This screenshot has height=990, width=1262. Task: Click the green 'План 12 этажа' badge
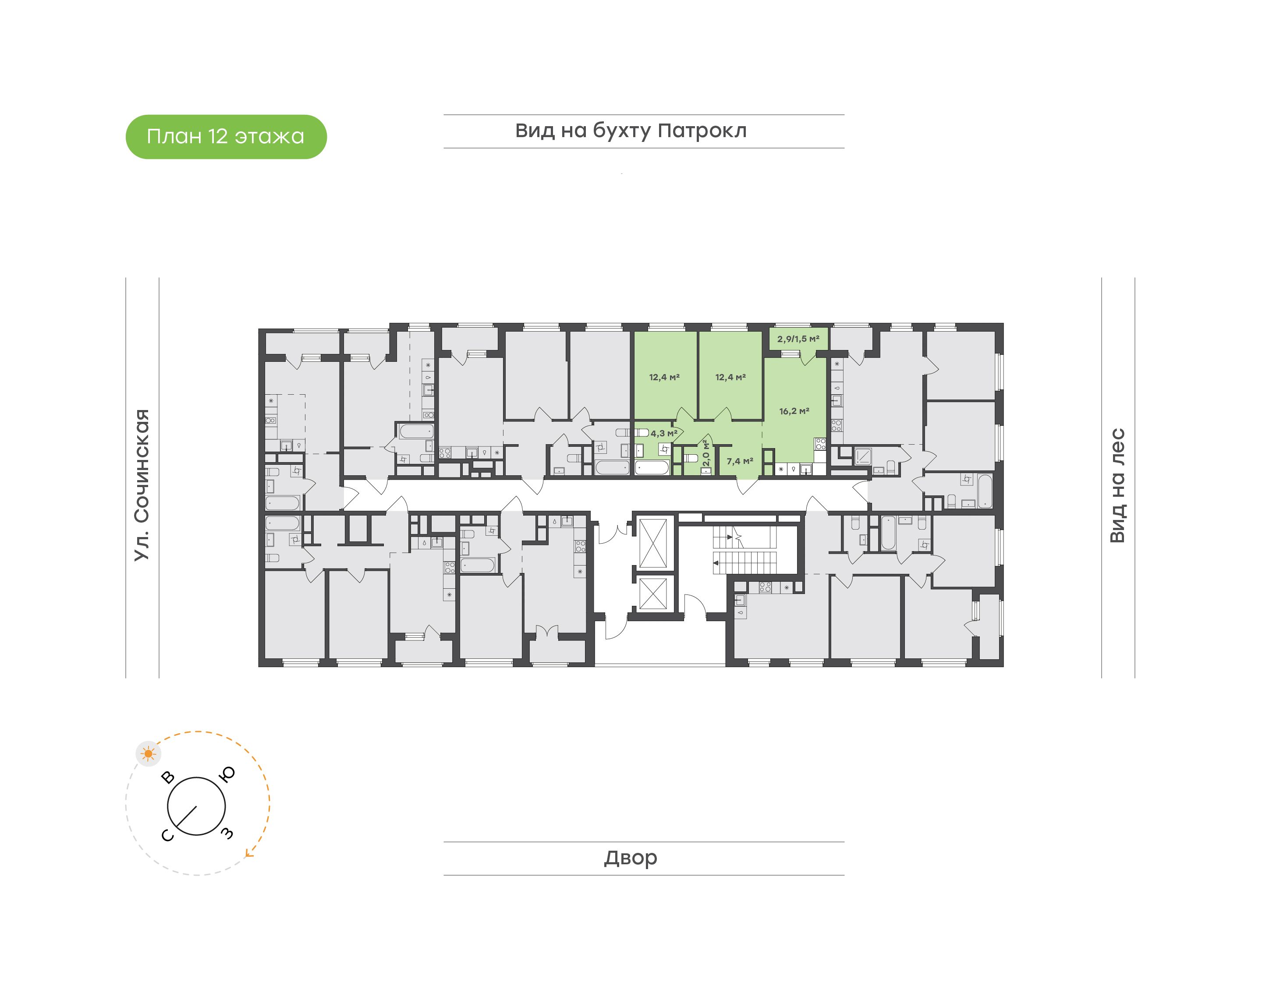[226, 137]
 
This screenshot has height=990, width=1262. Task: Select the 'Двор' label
[631, 858]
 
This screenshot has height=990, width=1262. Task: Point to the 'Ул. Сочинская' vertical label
[142, 484]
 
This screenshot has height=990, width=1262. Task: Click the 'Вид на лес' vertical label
[1117, 486]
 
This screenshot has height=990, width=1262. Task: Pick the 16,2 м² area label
[794, 411]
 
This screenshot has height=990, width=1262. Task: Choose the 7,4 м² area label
[740, 461]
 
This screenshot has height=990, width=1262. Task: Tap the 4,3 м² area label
[664, 433]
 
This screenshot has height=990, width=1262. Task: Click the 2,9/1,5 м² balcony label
[798, 339]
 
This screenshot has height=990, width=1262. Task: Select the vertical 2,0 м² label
[705, 453]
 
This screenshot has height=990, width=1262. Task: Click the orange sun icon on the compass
[149, 753]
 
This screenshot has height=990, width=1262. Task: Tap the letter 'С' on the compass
[167, 835]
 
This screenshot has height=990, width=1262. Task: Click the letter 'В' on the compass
[168, 777]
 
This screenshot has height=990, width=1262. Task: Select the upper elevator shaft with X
[653, 543]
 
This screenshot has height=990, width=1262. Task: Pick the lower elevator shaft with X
[653, 594]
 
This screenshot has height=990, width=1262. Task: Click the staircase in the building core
[744, 551]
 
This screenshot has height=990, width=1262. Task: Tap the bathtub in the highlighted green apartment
[652, 467]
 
